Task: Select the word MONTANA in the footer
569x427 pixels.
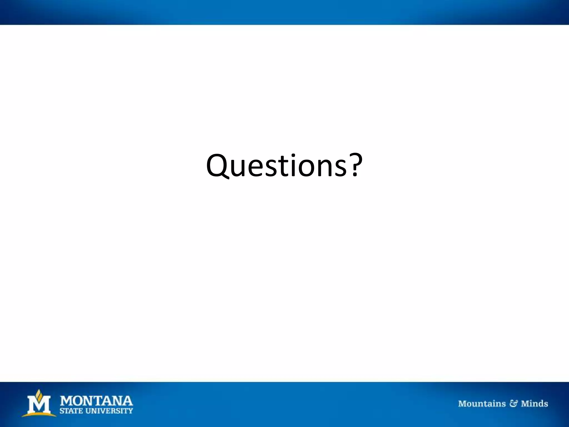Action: (x=96, y=401)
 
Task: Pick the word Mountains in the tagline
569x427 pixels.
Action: (x=482, y=404)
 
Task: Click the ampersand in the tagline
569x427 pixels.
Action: (x=513, y=404)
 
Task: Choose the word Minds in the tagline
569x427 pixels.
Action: (x=534, y=404)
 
